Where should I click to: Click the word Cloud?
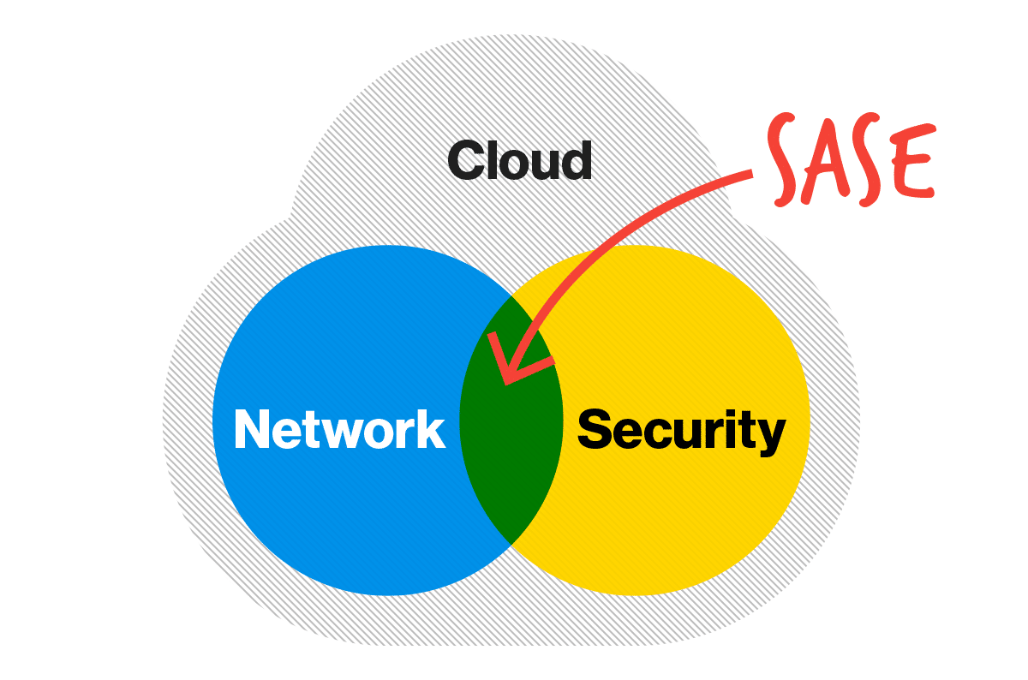tap(519, 160)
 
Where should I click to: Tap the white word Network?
tap(339, 428)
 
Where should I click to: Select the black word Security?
tap(682, 431)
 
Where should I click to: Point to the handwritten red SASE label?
tap(852, 158)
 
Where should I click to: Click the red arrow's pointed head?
tap(505, 384)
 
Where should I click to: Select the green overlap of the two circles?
tap(511, 421)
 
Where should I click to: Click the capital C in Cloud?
tap(465, 161)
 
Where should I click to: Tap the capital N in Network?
tap(253, 428)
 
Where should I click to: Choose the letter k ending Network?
tap(430, 428)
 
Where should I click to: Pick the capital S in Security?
tap(595, 428)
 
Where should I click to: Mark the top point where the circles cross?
tap(511, 295)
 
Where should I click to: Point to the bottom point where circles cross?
tap(511, 545)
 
